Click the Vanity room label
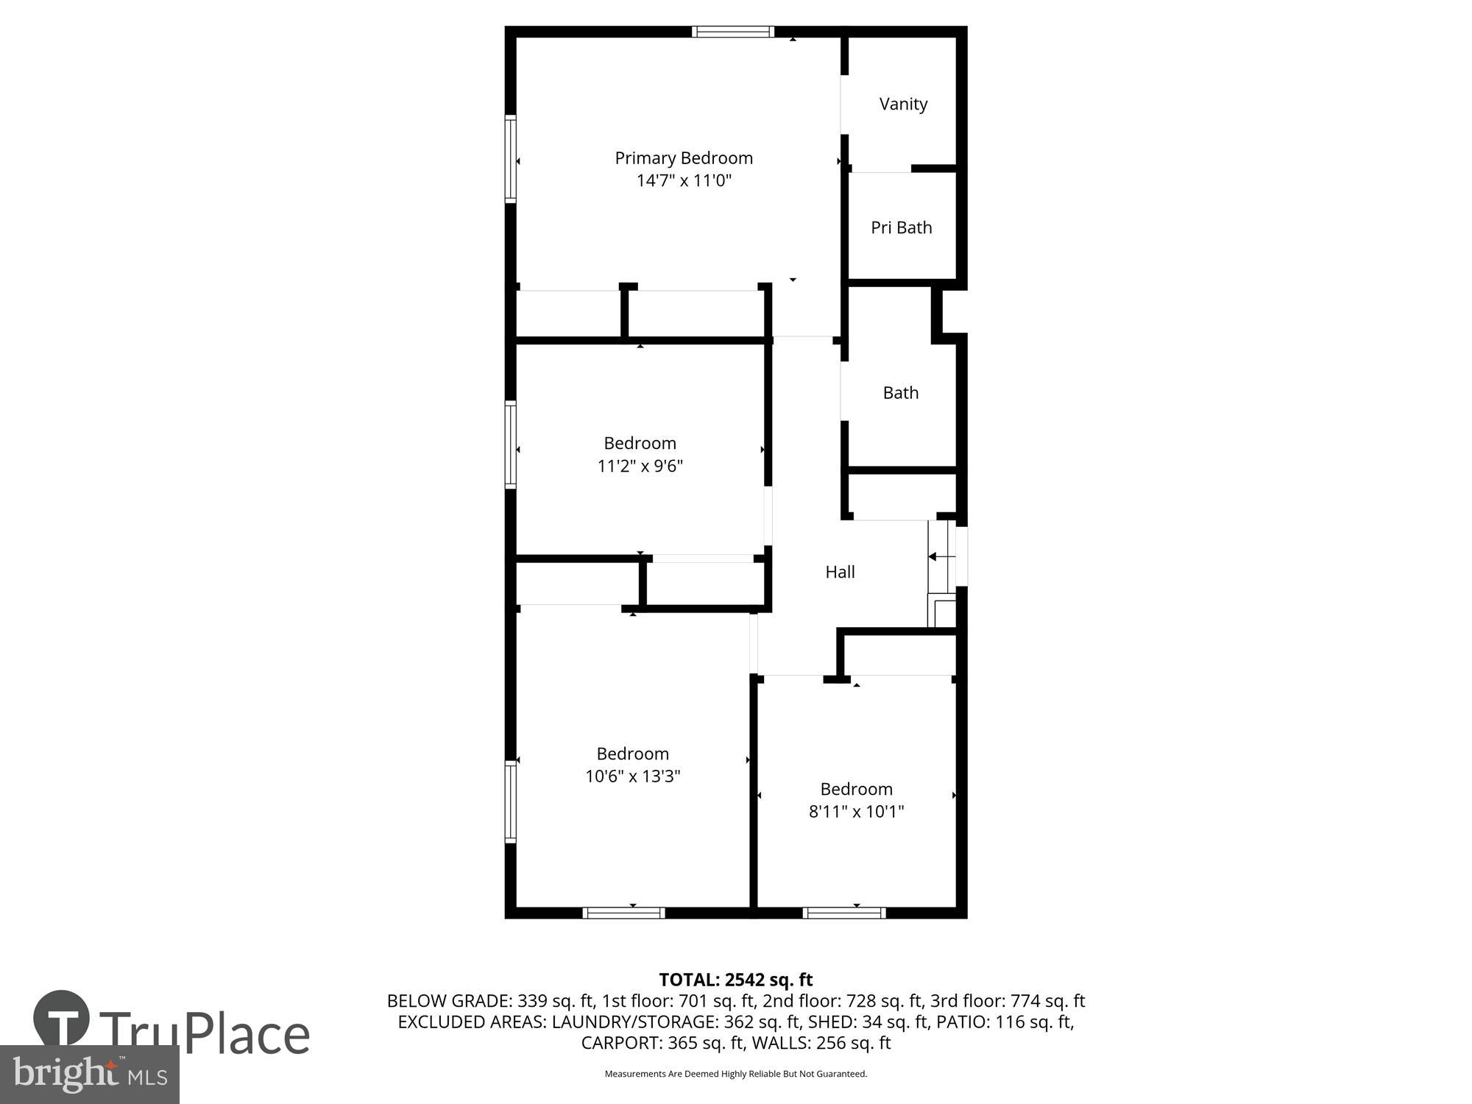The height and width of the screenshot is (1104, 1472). (x=903, y=105)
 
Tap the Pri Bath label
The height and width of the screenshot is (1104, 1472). (x=901, y=228)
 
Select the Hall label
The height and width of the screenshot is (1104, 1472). (x=840, y=572)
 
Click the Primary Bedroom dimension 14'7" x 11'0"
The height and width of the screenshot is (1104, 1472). (x=684, y=180)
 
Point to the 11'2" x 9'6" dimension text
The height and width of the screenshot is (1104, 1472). (x=640, y=466)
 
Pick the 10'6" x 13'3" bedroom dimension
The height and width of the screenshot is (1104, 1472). (x=632, y=776)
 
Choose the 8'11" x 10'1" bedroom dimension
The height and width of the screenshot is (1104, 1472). (x=856, y=812)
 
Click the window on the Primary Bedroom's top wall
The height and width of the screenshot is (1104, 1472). (x=732, y=32)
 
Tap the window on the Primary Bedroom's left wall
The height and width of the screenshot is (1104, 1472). (x=510, y=158)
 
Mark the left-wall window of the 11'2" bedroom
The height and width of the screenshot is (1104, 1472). (x=510, y=445)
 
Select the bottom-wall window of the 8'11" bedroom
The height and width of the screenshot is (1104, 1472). (x=843, y=913)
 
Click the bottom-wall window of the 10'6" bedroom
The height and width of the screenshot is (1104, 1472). (x=623, y=913)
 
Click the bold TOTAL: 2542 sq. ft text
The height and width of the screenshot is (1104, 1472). (x=735, y=980)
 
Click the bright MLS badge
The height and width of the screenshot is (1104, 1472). (x=90, y=1075)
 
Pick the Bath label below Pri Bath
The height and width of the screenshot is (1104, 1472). (x=900, y=393)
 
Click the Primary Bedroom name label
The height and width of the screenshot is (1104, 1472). (x=684, y=158)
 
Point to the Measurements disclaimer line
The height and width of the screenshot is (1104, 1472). (x=735, y=1074)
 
